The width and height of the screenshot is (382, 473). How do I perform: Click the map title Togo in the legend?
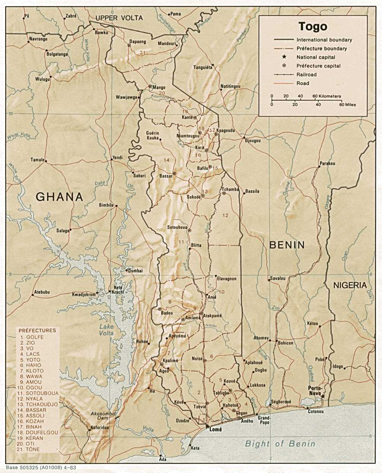tap(312, 26)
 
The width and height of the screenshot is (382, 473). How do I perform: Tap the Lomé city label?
tap(215, 429)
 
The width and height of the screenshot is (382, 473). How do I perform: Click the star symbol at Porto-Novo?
tap(323, 396)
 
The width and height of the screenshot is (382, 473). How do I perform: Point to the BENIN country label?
tap(287, 245)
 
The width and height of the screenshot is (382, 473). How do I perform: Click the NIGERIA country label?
tap(350, 285)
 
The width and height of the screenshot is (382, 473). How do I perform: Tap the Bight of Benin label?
tap(280, 443)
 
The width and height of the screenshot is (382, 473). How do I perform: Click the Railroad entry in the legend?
tap(306, 75)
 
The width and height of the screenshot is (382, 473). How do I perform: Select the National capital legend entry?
tap(316, 57)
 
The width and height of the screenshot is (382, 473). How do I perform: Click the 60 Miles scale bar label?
tap(347, 104)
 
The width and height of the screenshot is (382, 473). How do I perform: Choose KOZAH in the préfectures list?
tap(35, 421)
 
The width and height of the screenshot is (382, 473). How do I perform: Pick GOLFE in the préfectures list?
tap(35, 337)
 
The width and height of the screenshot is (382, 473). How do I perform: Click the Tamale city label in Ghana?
tap(37, 160)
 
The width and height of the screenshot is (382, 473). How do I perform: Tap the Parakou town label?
tap(327, 163)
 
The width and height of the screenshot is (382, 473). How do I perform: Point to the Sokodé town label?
tap(194, 197)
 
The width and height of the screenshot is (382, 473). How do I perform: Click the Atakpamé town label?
tap(212, 316)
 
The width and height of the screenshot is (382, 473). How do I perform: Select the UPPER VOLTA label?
tap(119, 18)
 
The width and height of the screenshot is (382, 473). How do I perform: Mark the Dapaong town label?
tap(138, 42)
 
